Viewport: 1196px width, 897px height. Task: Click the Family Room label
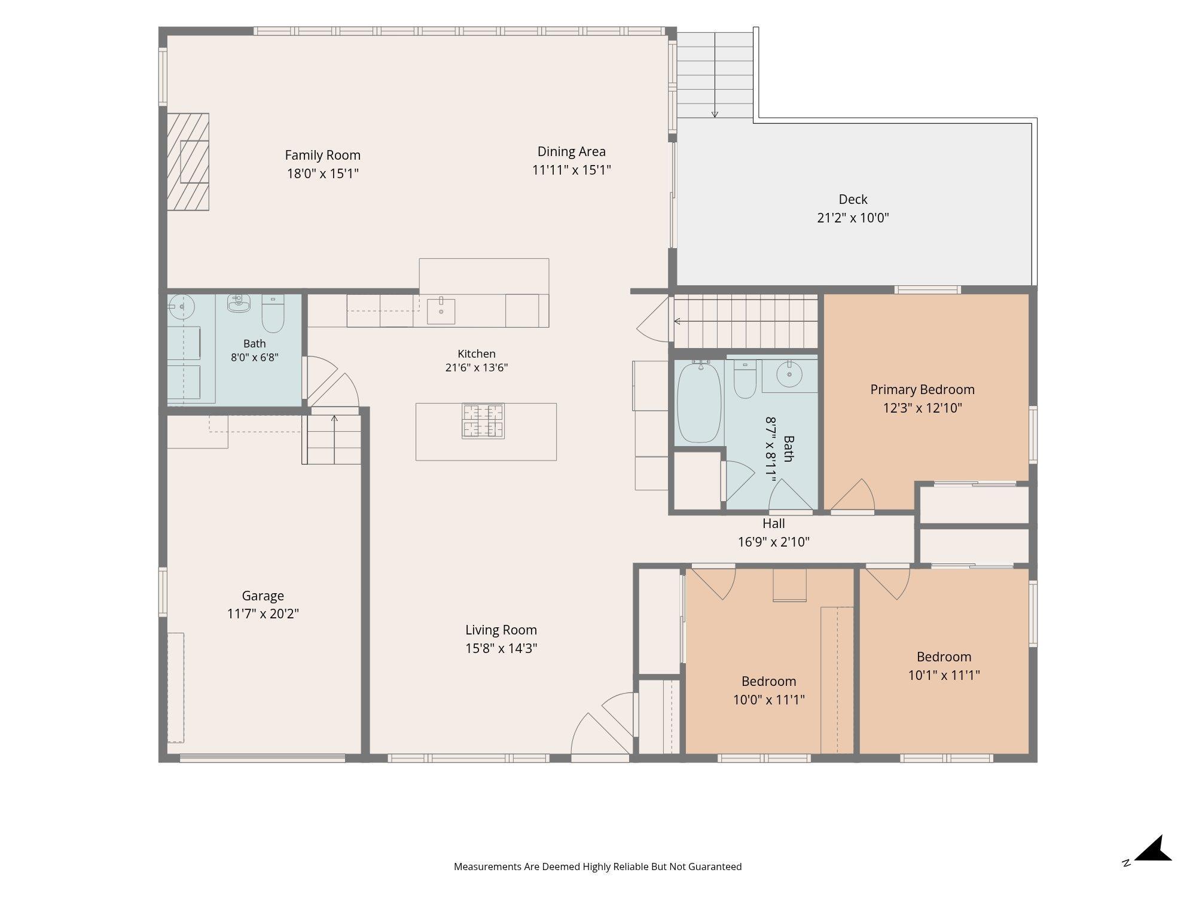322,155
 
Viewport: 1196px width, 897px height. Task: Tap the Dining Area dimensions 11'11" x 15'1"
571,170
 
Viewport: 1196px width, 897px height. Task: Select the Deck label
853,199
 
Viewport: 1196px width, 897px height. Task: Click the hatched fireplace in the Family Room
188,161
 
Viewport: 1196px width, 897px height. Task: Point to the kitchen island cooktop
483,421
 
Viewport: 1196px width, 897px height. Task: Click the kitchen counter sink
441,311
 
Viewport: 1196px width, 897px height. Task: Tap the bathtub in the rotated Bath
699,402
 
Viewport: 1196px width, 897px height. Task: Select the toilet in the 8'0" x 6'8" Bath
273,314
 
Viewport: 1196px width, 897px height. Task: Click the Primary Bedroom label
922,389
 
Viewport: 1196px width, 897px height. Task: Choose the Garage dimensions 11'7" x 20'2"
263,614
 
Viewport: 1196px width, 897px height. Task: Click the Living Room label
501,630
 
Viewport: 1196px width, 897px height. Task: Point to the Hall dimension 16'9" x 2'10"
774,542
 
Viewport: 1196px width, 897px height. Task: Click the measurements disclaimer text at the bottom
597,867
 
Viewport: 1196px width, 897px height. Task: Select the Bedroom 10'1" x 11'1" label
944,657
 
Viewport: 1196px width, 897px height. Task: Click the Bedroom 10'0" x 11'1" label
768,681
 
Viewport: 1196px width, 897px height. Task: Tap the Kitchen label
477,353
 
